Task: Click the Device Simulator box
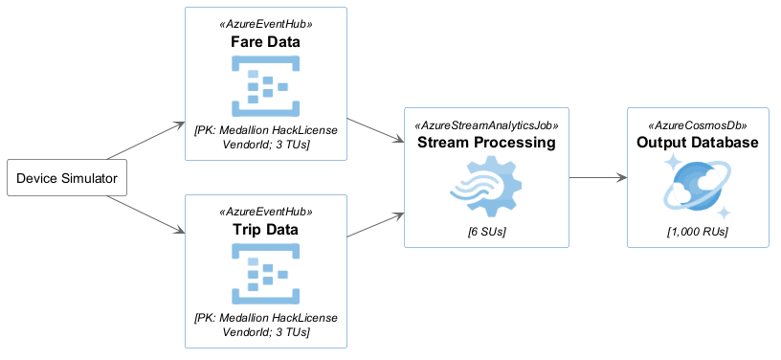pos(67,178)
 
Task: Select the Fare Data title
pos(265,42)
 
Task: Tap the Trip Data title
pos(265,230)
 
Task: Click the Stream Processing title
pos(486,143)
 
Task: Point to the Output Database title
pos(698,143)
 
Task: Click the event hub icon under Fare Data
pos(265,86)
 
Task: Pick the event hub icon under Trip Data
pos(265,274)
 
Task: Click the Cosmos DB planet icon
pos(698,187)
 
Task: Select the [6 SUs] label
pos(486,232)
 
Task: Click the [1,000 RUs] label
pos(698,232)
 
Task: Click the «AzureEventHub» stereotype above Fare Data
pos(265,24)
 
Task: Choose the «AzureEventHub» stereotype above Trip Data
pos(265,212)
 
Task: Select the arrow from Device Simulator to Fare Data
pos(146,141)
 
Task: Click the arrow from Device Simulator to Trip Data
pos(146,214)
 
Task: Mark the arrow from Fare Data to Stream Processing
pos(375,130)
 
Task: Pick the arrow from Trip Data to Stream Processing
pos(375,225)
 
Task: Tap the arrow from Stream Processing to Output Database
pos(597,177)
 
